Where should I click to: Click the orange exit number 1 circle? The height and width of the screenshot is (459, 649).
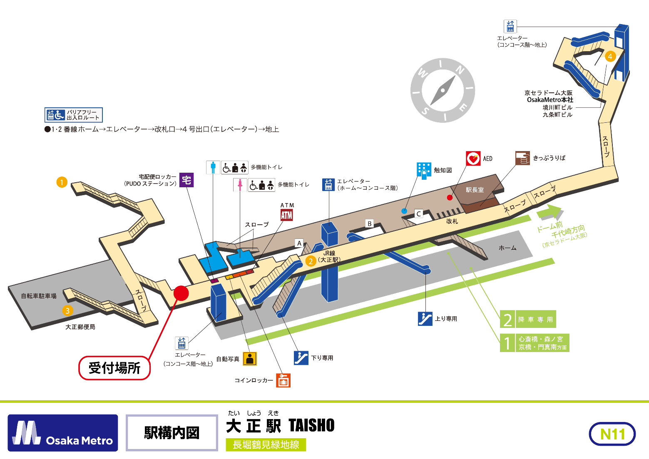[x=62, y=182]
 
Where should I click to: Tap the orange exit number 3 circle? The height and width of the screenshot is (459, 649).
[x=67, y=310]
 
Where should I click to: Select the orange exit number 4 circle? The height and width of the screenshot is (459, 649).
[x=610, y=56]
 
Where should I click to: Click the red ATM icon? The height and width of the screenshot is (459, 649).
[x=287, y=215]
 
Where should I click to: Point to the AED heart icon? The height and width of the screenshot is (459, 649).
[x=473, y=159]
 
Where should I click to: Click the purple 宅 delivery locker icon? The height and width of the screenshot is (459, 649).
[x=186, y=180]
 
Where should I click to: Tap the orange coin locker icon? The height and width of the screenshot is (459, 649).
[x=283, y=380]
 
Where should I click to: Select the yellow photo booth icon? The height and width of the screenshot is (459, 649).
[x=250, y=359]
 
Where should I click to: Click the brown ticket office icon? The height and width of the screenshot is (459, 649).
[x=522, y=158]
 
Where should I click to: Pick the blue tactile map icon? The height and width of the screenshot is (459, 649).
[x=424, y=170]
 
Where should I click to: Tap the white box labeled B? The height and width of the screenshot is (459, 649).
[x=369, y=223]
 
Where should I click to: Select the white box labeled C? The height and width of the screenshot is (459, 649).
[x=419, y=214]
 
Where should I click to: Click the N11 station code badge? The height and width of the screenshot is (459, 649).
[x=612, y=434]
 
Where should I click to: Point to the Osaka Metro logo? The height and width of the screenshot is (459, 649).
[x=63, y=433]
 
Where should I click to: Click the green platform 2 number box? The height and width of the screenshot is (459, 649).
[x=507, y=320]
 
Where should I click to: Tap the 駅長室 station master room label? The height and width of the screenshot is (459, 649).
[x=475, y=190]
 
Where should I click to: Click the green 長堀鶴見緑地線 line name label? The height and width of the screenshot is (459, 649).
[x=266, y=445]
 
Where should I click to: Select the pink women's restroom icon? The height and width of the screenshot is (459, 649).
[x=240, y=185]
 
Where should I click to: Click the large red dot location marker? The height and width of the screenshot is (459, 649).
[x=181, y=293]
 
